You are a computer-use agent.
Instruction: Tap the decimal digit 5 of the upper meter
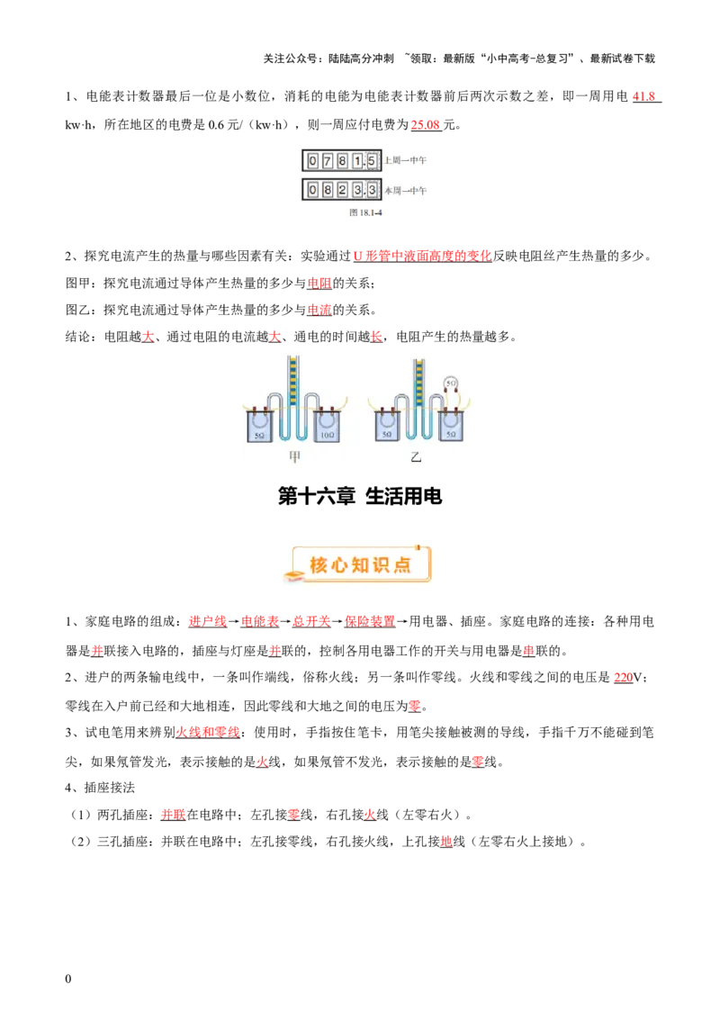[372, 161]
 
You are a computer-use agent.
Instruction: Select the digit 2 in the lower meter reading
[343, 190]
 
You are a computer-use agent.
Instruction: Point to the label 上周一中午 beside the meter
[405, 161]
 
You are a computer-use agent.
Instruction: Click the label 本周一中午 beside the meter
[405, 191]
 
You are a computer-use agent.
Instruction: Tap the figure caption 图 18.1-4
[359, 213]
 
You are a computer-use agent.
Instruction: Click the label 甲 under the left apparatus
[294, 457]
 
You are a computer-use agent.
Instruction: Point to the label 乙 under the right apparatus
[416, 457]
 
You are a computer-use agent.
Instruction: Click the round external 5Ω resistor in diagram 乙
[452, 383]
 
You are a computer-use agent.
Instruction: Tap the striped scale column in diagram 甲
[292, 383]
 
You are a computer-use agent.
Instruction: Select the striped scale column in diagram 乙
[418, 383]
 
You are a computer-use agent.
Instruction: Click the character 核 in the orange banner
[319, 564]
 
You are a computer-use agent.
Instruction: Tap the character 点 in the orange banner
[402, 564]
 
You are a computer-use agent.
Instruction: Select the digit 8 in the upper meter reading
[343, 161]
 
